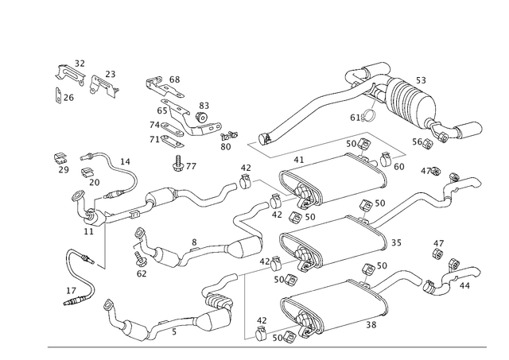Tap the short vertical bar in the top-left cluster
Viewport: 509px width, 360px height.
click(56, 96)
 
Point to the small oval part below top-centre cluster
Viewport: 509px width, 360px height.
click(185, 167)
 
